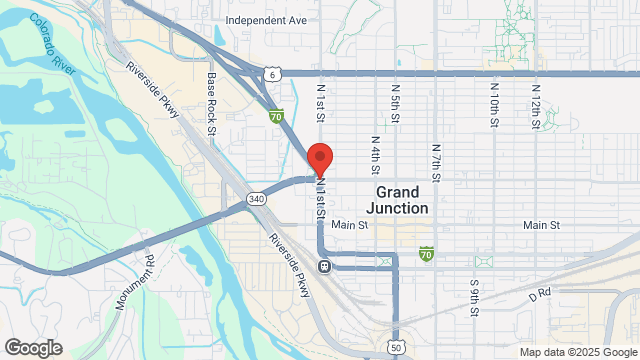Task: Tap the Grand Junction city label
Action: pyautogui.click(x=403, y=199)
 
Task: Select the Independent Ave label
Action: pyautogui.click(x=266, y=19)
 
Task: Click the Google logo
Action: pyautogui.click(x=32, y=347)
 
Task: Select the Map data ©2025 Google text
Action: pyautogui.click(x=576, y=351)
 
